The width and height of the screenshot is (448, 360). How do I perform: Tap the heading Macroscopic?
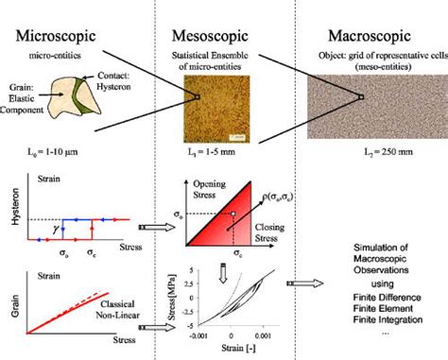370,38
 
